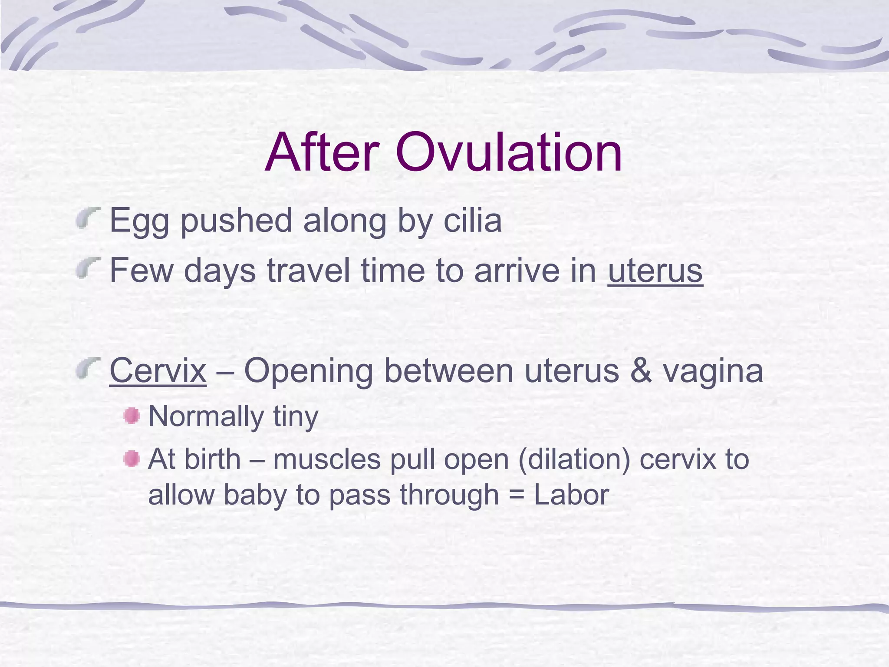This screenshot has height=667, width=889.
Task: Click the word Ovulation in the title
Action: pos(508,153)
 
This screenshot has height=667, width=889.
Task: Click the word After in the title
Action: pos(322,153)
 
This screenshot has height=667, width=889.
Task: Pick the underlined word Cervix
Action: pos(158,371)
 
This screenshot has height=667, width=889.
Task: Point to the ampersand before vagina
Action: pos(641,371)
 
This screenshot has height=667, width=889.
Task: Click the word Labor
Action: pos(571,495)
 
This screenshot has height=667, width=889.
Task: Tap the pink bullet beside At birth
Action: pos(132,459)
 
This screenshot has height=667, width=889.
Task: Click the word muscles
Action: pos(327,459)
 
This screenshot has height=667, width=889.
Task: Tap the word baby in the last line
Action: pos(255,495)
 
